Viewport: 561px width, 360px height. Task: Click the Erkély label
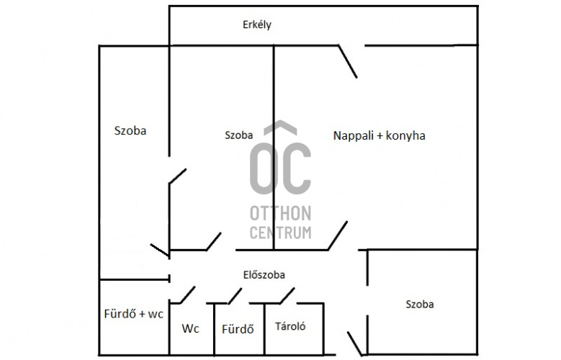[x=257, y=25]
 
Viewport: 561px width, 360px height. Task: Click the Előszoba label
[x=264, y=275]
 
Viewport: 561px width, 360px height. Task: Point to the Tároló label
[x=290, y=326]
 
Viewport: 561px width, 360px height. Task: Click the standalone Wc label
[x=190, y=328]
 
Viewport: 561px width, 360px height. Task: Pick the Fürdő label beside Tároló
[x=238, y=329]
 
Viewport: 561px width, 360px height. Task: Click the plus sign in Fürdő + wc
[x=142, y=314]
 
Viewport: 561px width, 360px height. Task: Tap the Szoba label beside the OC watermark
[x=238, y=135]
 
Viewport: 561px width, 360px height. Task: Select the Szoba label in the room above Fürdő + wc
[x=130, y=130]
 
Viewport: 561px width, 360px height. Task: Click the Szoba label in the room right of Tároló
[x=420, y=305]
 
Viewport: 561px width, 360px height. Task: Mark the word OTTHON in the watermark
[x=281, y=214]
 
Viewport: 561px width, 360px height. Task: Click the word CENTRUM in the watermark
[x=281, y=233]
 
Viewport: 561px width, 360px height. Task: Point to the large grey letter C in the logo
[x=297, y=168]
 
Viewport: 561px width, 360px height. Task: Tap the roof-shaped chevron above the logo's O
[x=281, y=127]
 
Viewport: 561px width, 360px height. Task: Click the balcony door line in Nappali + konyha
[x=348, y=61]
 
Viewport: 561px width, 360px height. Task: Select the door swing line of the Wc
[x=187, y=295]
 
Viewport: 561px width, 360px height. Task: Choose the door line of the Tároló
[x=287, y=296]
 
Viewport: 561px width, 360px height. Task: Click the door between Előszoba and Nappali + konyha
[x=338, y=236]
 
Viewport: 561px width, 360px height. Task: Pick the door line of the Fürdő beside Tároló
[x=235, y=296]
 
